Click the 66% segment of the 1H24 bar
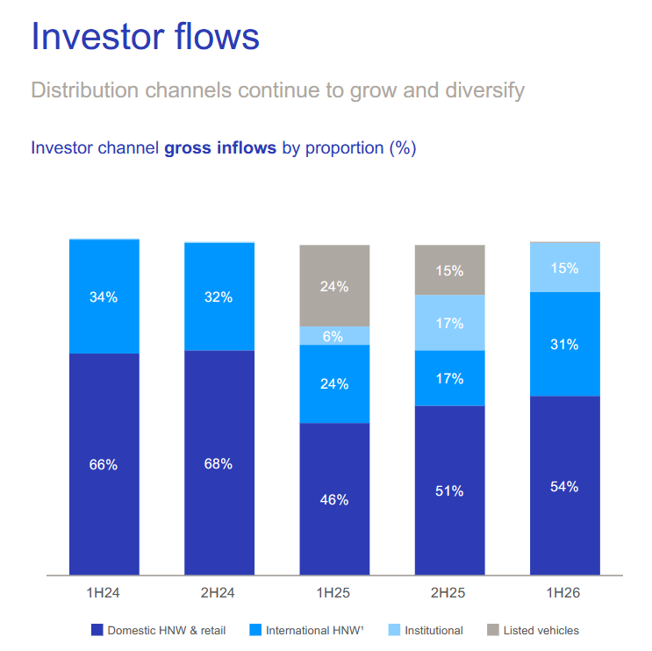pos(104,464)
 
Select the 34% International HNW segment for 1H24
pos(104,297)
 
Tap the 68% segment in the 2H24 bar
pos(219,462)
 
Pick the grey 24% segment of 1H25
pos(334,286)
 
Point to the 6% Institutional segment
pos(334,335)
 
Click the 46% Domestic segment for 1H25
pos(334,499)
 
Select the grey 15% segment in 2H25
pos(449,270)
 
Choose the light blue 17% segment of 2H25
pos(449,323)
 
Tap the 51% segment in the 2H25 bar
pos(449,490)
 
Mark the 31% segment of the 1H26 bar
pos(564,344)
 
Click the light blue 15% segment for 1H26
pos(564,268)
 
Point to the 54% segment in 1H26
pos(564,485)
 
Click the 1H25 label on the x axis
pos(333,592)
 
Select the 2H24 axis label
pos(218,592)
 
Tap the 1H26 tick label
pos(563,592)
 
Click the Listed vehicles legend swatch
pos(493,630)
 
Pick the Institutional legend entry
pos(426,630)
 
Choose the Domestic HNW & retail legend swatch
pos(97,630)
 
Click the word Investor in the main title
pos(98,37)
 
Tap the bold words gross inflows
pos(220,148)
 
